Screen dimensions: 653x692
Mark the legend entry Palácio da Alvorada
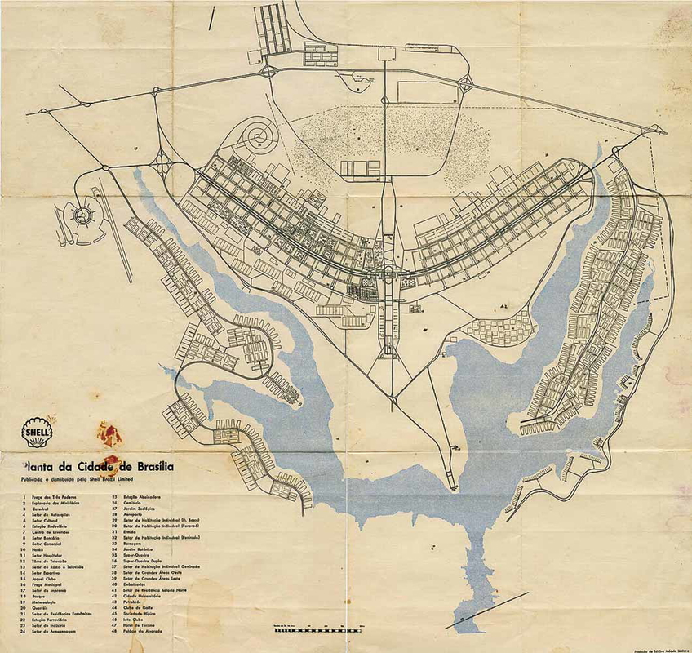(x=140, y=632)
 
